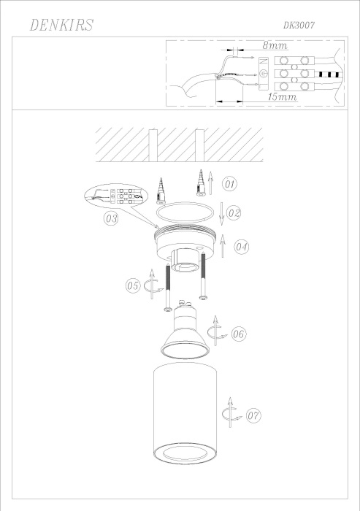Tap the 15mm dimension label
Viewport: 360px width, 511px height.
click(281, 96)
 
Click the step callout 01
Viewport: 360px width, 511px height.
click(230, 182)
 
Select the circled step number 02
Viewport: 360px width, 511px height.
click(234, 213)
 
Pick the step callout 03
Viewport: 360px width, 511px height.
click(112, 218)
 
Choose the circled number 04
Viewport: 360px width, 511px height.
click(242, 246)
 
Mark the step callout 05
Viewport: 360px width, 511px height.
click(132, 286)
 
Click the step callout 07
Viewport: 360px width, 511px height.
click(253, 416)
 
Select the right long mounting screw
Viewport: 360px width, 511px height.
click(204, 281)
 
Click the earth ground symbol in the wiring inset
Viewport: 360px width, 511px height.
click(264, 73)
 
